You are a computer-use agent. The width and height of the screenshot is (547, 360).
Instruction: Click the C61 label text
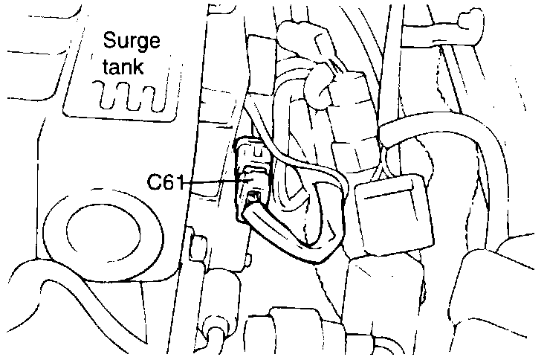click(164, 182)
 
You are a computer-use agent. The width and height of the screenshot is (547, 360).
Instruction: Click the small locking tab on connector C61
click(253, 197)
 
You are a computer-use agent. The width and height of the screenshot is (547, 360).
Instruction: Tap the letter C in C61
click(153, 182)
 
